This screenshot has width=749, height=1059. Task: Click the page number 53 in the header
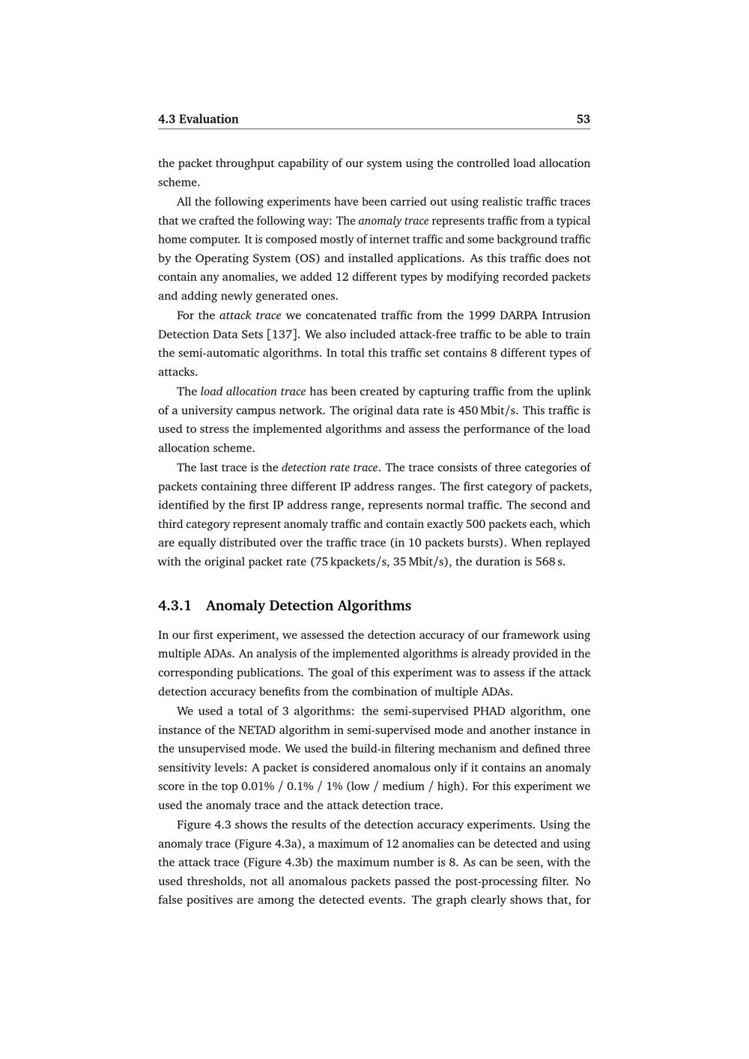click(x=583, y=119)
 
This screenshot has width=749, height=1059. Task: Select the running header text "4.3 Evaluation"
click(x=198, y=119)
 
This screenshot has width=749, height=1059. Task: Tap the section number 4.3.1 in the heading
click(x=175, y=605)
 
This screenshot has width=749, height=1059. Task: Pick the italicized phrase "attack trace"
click(x=250, y=315)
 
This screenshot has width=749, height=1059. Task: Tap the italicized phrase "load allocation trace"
click(x=253, y=391)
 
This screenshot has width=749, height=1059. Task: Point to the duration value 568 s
click(x=549, y=562)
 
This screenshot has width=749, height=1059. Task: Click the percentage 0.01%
click(x=258, y=786)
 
